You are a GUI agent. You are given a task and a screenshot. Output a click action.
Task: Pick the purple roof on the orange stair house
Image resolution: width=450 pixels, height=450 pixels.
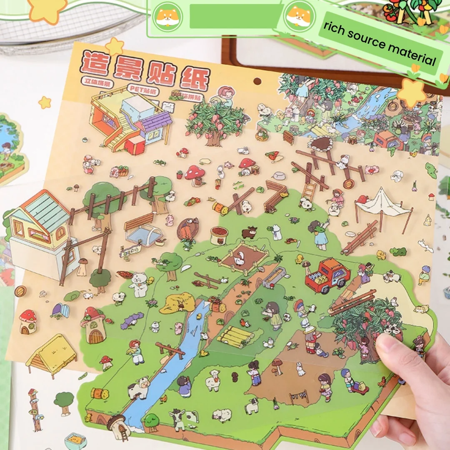(x=155, y=121)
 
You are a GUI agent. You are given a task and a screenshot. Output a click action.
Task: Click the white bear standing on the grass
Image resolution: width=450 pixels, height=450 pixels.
(x=137, y=285)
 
